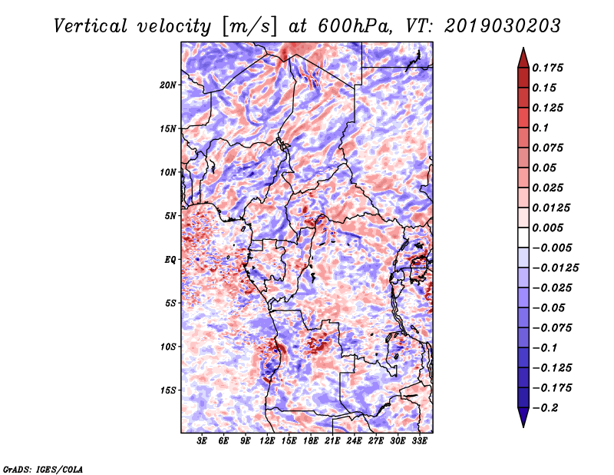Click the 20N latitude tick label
pos(168,85)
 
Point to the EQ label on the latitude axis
pos(170,260)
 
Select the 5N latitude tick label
pos(170,216)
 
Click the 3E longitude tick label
pos(202,441)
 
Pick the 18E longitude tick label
pos(311,441)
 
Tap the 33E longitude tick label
pos(419,441)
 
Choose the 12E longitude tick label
pos(267,441)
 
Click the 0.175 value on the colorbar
pos(547,68)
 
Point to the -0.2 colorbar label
pos(545,408)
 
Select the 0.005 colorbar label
pos(547,228)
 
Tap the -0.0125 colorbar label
pos(555,268)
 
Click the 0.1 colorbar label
pos(540,128)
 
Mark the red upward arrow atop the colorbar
pos(523,58)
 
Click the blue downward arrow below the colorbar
pos(523,417)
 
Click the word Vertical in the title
pos(91,26)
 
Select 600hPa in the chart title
pos(354,26)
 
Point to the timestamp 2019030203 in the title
pos(503,26)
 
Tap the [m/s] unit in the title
pos(249,27)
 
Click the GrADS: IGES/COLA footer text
pos(43,469)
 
